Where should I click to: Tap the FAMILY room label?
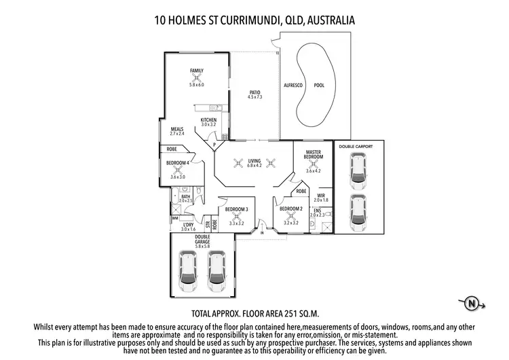197,71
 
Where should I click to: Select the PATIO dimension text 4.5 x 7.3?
254,98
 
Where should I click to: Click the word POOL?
319,86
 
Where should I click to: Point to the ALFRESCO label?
292,86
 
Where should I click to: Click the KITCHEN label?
208,120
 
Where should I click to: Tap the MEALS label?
177,129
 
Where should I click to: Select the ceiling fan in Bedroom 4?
178,170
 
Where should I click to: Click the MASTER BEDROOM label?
313,154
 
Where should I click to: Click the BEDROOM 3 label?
236,209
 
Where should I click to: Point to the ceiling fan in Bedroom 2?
290,216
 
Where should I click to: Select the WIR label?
322,195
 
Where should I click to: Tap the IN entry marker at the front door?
262,233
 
